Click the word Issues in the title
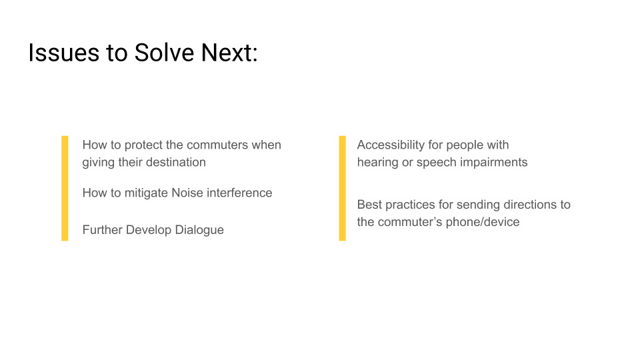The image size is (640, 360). click(64, 53)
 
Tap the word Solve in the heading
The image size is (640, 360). click(164, 53)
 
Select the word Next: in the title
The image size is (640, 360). click(229, 53)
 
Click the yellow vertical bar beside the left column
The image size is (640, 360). click(65, 188)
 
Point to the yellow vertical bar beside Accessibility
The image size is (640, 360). click(343, 188)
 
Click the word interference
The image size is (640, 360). click(239, 193)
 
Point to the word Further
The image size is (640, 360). click(103, 230)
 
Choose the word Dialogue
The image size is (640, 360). click(199, 230)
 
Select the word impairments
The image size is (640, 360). click(494, 163)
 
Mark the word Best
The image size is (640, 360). click(369, 205)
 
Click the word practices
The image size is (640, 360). click(410, 205)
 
